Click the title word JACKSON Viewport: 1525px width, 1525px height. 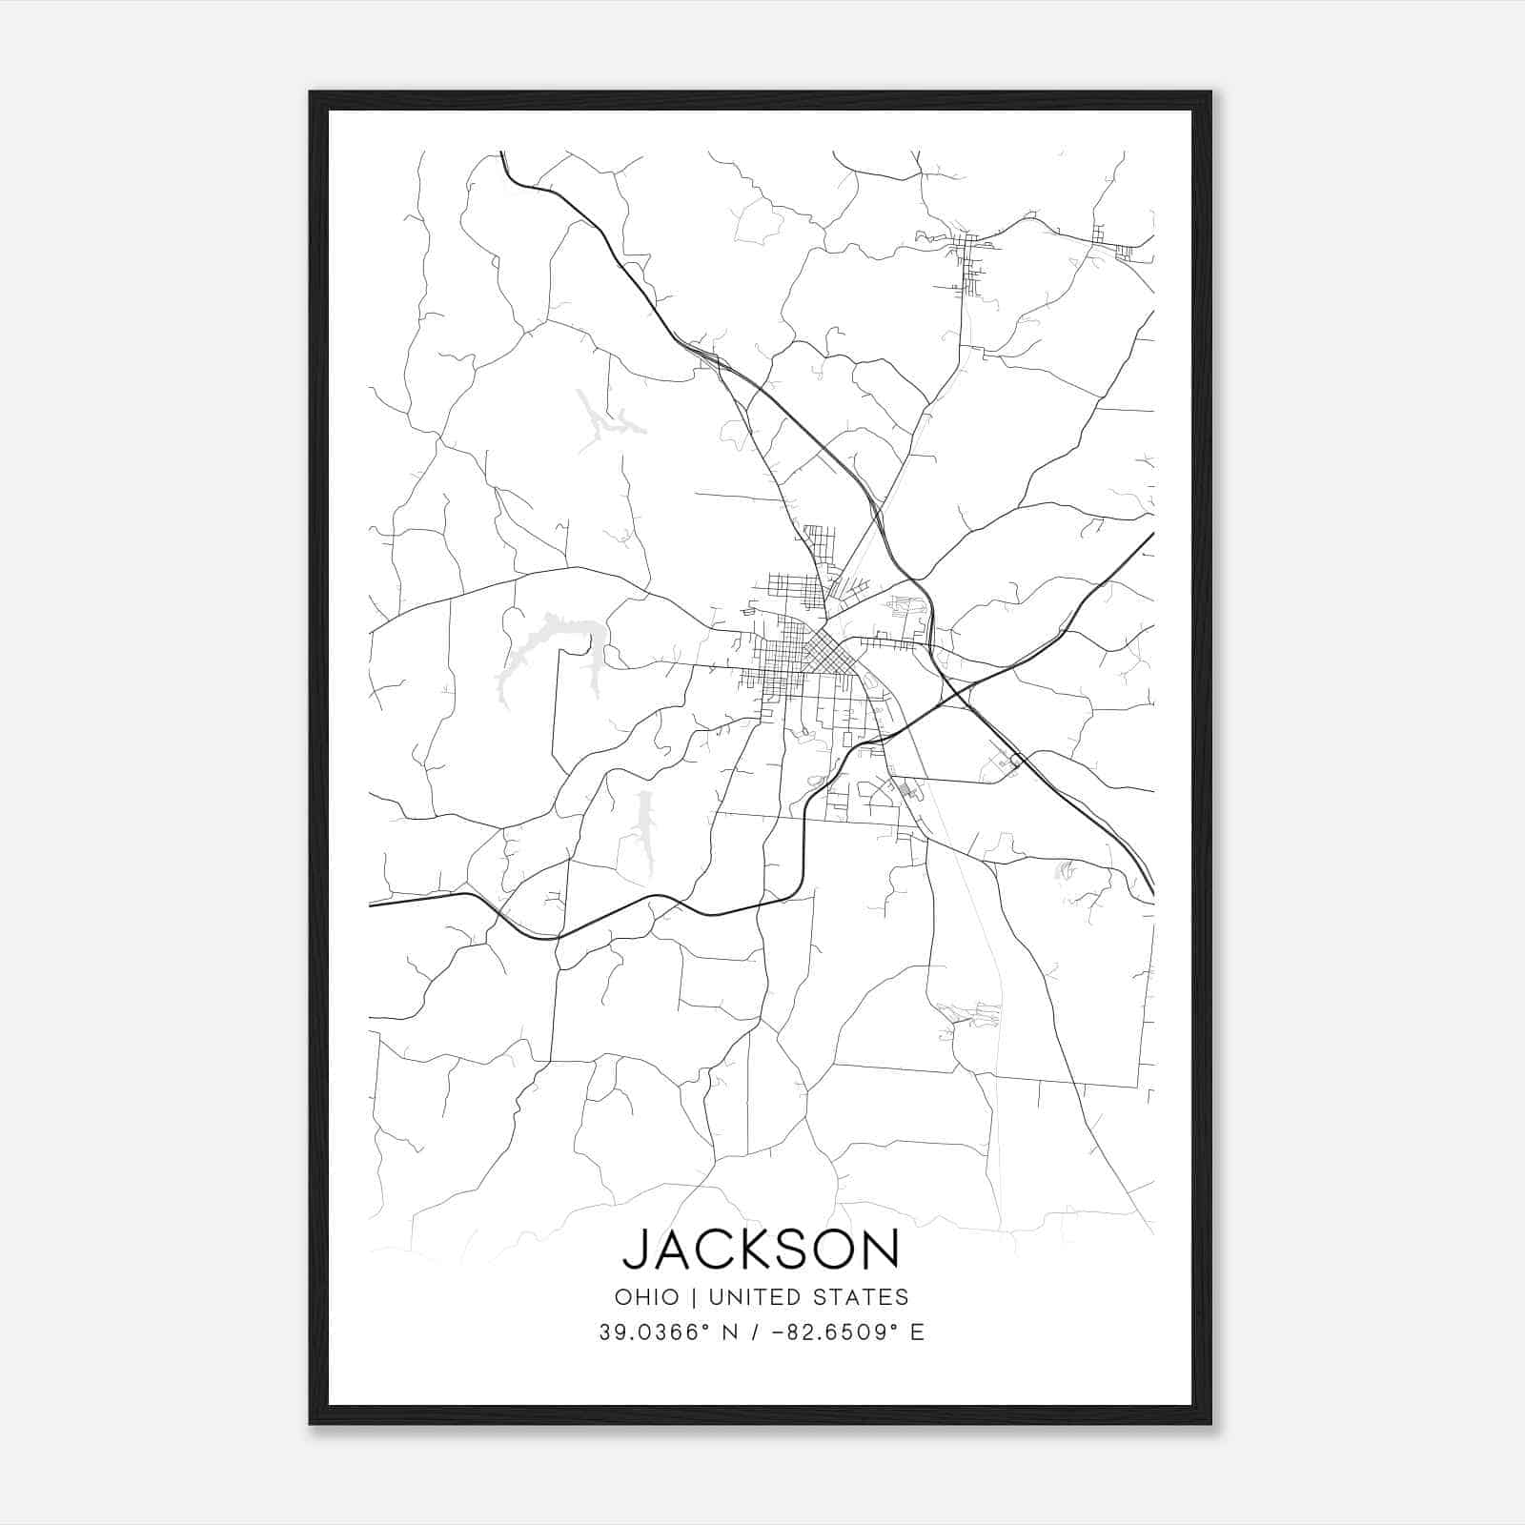pos(761,1249)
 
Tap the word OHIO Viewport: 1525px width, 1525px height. pos(647,1297)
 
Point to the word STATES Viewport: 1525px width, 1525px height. pos(863,1297)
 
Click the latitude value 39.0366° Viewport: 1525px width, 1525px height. pos(657,1332)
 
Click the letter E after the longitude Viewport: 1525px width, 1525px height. pos(917,1332)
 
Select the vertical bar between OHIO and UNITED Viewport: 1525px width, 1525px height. pos(692,1297)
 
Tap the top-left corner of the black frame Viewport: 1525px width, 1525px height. pos(312,93)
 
